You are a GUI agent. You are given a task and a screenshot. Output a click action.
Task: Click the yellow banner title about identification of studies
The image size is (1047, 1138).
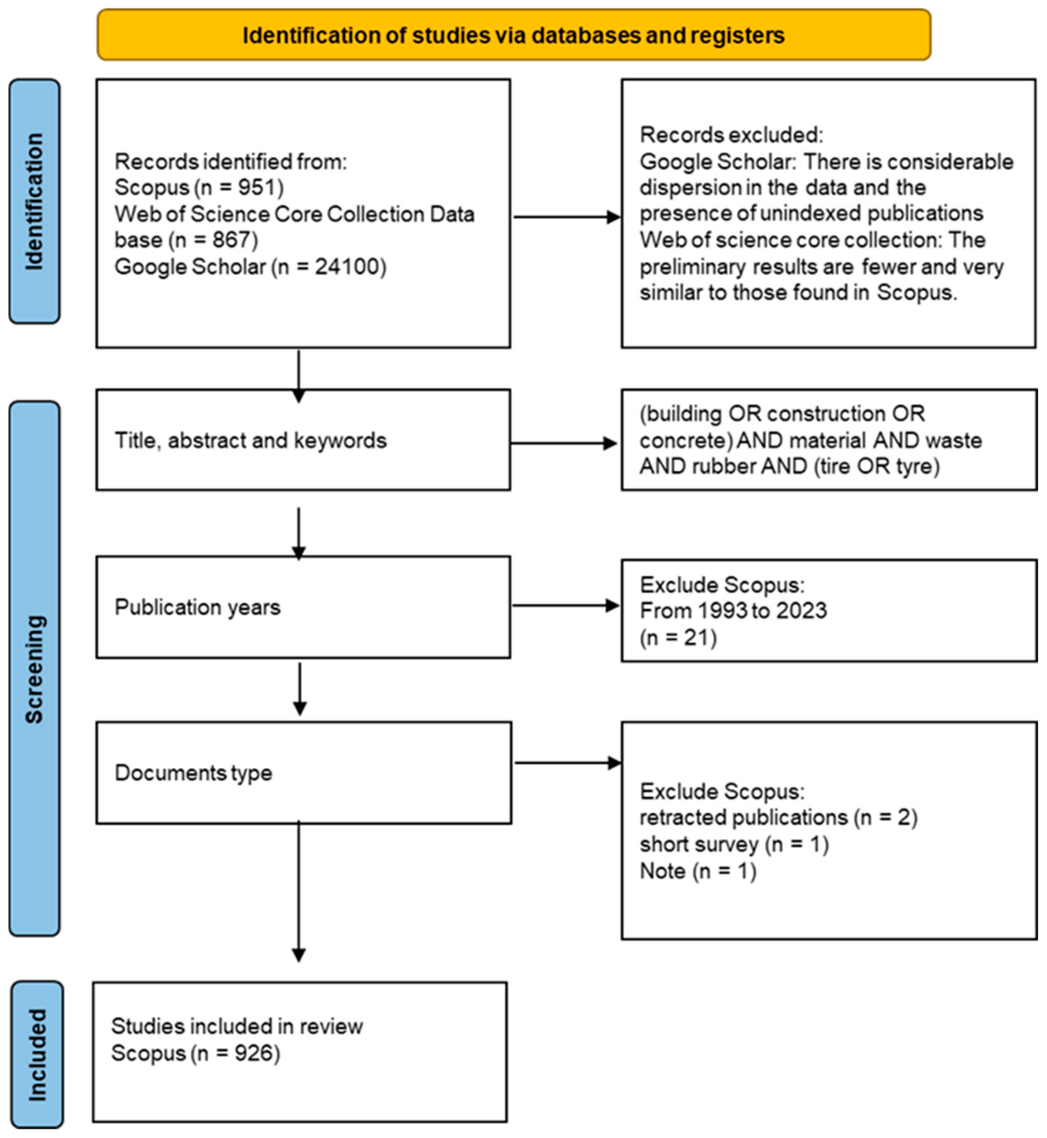pos(513,35)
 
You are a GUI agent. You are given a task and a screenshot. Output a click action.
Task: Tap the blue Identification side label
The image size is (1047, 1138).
pos(34,201)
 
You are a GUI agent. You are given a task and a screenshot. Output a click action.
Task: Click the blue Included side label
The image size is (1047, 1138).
pos(37,1055)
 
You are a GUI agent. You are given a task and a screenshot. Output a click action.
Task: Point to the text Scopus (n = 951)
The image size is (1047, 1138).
pos(199,188)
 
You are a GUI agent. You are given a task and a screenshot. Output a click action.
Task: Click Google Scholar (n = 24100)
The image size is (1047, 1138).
pos(250,267)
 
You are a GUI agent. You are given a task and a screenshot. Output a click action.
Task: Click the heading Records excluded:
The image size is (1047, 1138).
pos(731,135)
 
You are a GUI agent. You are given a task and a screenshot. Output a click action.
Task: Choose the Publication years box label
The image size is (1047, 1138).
pos(197,607)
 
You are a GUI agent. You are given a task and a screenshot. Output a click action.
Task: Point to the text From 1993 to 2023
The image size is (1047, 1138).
pos(733,611)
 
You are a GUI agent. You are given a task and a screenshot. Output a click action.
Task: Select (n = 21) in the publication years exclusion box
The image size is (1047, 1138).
pos(678,637)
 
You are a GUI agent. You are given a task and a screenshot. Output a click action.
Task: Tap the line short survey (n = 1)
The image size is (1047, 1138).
pos(734,844)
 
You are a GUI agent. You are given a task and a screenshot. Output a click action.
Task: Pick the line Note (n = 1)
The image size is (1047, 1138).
pos(698,871)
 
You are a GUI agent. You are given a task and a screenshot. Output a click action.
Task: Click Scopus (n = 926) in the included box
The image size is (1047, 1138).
pos(196,1053)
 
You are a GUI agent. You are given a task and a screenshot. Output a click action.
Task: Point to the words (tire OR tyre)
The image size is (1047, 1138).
pos(877,466)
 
